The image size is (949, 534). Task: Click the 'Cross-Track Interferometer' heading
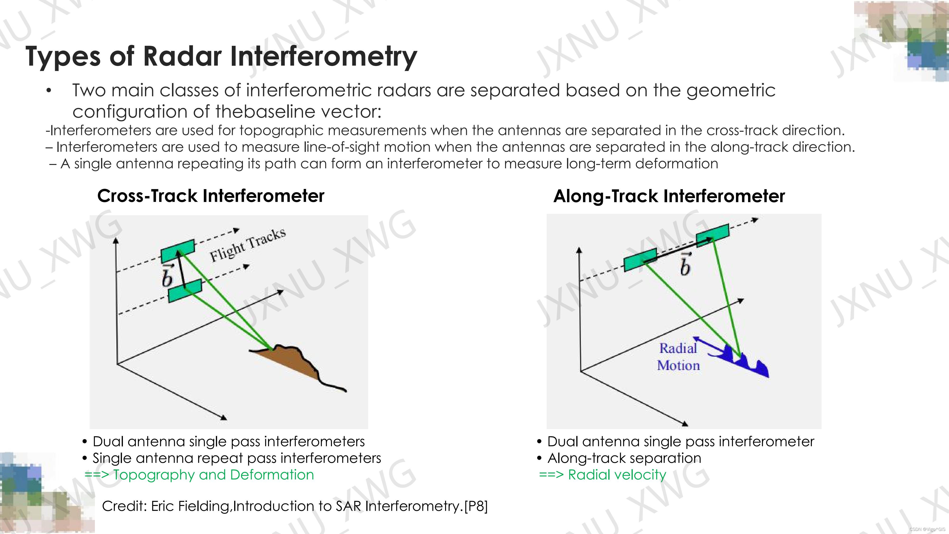(x=211, y=196)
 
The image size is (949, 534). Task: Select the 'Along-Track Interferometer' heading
(x=669, y=196)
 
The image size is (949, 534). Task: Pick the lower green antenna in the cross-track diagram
(x=185, y=291)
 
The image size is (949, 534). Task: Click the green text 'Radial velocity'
(x=617, y=475)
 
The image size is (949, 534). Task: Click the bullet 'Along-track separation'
(x=624, y=458)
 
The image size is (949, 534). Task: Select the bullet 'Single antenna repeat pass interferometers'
(x=237, y=458)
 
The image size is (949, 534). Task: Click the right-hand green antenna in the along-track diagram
(x=712, y=233)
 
